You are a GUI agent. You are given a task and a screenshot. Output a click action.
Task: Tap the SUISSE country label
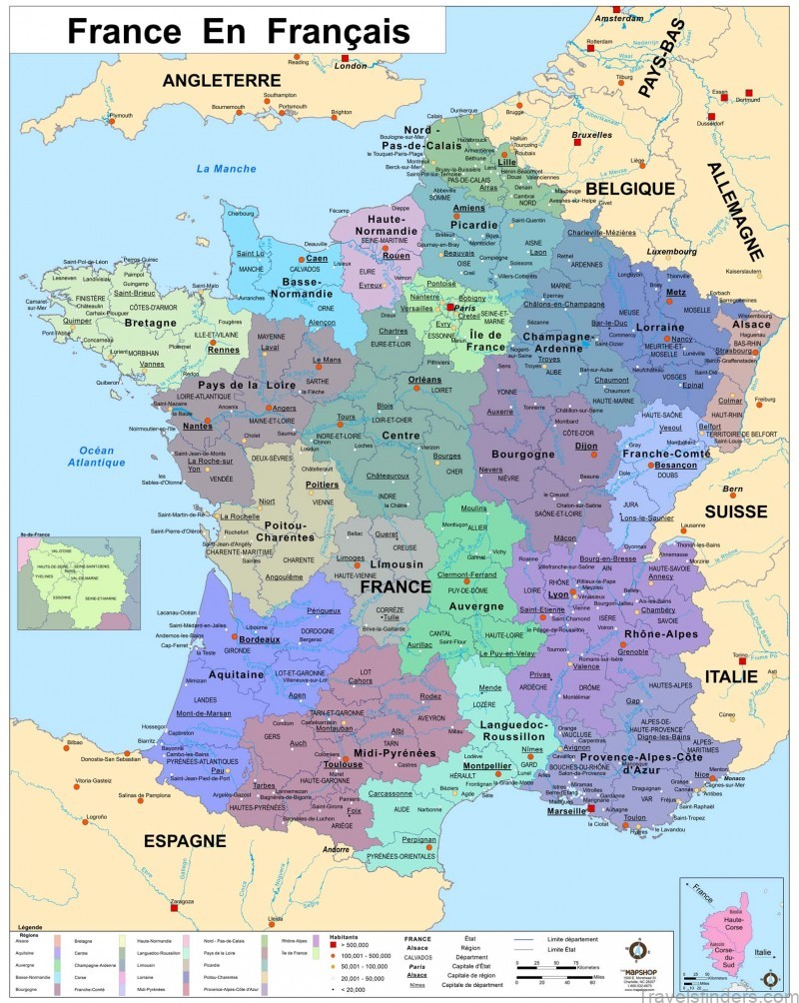[x=735, y=510]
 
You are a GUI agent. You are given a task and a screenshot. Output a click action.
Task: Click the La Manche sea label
[x=226, y=168]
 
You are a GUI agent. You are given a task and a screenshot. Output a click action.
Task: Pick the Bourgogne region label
[x=522, y=455]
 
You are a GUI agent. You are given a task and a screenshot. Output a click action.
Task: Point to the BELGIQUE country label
[x=630, y=188]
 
